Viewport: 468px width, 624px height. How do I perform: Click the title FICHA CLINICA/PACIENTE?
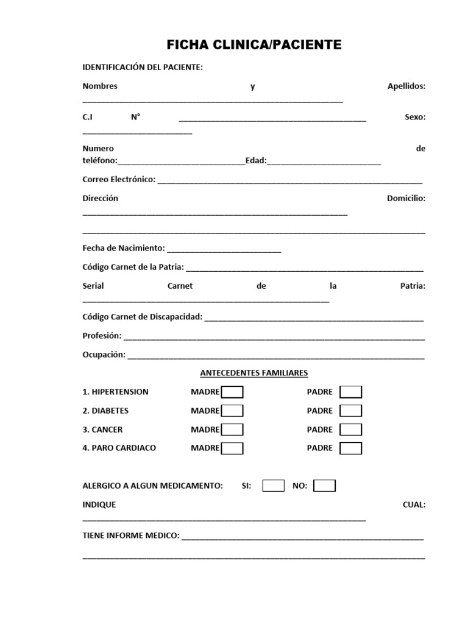click(x=254, y=44)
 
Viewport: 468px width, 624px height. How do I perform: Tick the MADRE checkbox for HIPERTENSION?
click(x=232, y=392)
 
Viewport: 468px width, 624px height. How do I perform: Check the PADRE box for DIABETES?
click(x=350, y=411)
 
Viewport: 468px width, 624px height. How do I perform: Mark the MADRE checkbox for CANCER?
click(x=232, y=430)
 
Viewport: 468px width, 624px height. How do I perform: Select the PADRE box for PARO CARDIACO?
click(x=350, y=448)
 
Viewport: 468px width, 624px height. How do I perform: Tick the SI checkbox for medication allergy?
click(x=273, y=486)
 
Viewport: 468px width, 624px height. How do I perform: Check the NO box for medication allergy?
click(x=324, y=486)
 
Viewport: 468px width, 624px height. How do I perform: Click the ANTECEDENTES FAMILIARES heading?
click(x=254, y=372)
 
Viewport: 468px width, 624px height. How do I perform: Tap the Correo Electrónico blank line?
click(x=289, y=181)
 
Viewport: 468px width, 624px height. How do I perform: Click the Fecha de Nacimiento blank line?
click(x=224, y=250)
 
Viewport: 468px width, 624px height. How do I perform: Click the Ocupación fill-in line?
click(x=275, y=356)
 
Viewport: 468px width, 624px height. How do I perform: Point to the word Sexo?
click(x=415, y=117)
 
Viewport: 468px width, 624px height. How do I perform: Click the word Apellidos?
click(x=406, y=86)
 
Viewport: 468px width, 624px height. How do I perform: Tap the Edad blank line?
click(x=324, y=163)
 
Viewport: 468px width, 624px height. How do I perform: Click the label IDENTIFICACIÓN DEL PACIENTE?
click(x=143, y=67)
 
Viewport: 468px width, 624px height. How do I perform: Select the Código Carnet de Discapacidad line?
click(x=314, y=318)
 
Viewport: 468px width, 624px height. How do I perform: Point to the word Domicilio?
click(x=406, y=198)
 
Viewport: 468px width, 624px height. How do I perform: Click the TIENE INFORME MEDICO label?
click(x=130, y=536)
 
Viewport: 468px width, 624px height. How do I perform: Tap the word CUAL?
click(x=414, y=505)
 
